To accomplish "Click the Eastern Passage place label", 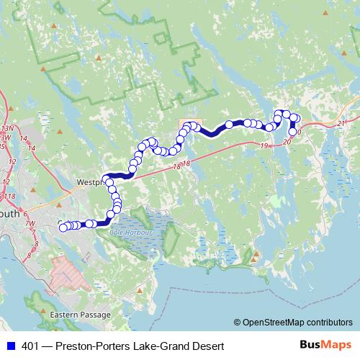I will [x=81, y=315].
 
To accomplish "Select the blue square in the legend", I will [x=9, y=346].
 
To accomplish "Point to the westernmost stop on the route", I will [x=63, y=228].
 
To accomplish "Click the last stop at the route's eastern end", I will [x=293, y=132].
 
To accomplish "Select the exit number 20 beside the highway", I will [x=287, y=142].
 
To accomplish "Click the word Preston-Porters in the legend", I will [x=92, y=346].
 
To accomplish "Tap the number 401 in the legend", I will [x=30, y=346].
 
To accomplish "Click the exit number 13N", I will [x=9, y=128].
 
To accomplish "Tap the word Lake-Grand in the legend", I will [x=153, y=346].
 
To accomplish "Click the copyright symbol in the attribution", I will [x=237, y=322].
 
